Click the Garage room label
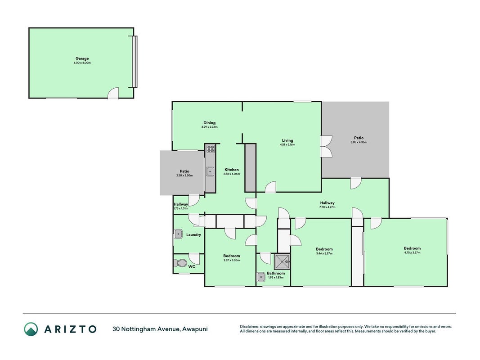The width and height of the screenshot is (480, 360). pos(82,58)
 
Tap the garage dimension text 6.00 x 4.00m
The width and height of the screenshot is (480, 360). pos(82,63)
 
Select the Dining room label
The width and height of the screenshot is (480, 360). pos(209,123)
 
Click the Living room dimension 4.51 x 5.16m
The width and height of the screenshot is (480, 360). pos(287,144)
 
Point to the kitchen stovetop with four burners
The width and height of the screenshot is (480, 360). pos(210,149)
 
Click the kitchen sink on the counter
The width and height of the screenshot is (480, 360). pos(210,171)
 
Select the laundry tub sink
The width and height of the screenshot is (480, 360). pos(179,234)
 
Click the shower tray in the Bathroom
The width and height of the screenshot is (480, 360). pos(282,261)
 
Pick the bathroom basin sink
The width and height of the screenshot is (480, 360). pos(261,277)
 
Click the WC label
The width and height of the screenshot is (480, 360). pos(192,267)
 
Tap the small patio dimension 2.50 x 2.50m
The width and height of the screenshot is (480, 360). pos(184,175)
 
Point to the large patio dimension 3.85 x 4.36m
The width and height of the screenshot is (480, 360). pos(359,142)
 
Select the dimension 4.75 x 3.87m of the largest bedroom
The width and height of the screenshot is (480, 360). pos(412,252)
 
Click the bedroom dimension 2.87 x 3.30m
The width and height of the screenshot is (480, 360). pos(231,260)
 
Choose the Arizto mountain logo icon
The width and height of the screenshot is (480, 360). pos(31,329)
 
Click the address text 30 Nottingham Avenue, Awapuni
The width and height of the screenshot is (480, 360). pos(160,329)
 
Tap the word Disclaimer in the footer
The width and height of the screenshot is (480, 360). pos(249,327)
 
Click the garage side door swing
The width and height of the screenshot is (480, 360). pos(113,93)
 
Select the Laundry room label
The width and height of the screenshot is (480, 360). pos(193,235)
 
